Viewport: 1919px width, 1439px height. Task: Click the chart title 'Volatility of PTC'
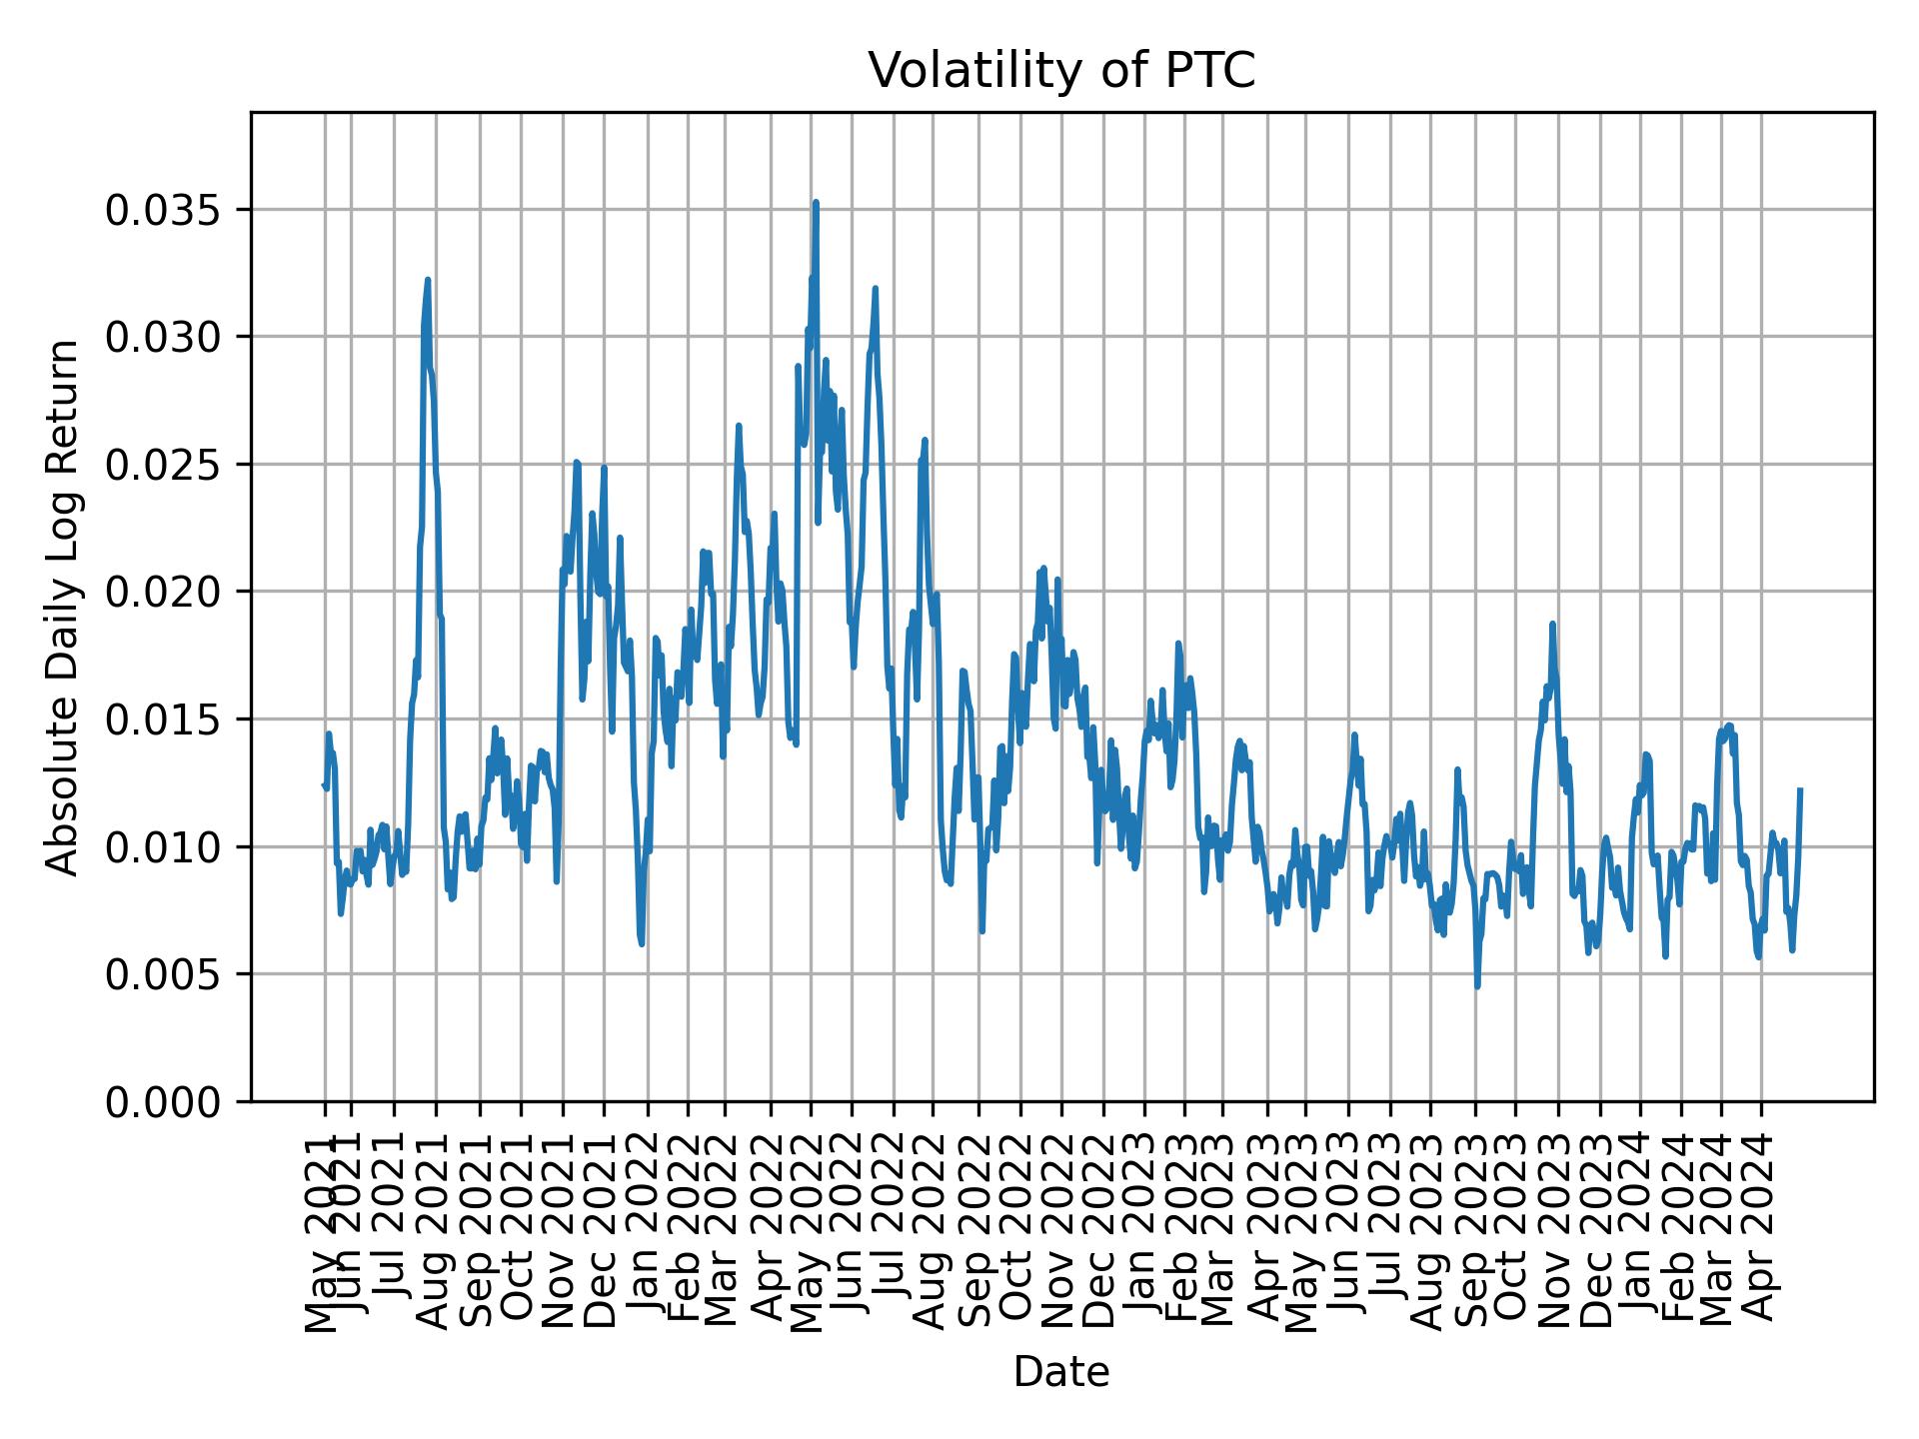[1060, 71]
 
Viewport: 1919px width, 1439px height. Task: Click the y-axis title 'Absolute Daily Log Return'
[63, 607]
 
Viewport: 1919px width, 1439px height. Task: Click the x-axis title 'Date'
[1060, 1372]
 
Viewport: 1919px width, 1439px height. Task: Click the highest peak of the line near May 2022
[816, 202]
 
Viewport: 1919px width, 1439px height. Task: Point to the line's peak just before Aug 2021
[428, 281]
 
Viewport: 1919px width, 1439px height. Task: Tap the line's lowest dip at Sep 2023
[1477, 986]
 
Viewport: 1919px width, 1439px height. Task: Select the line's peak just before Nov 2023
[1552, 624]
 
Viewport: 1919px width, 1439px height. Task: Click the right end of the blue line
[1800, 790]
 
